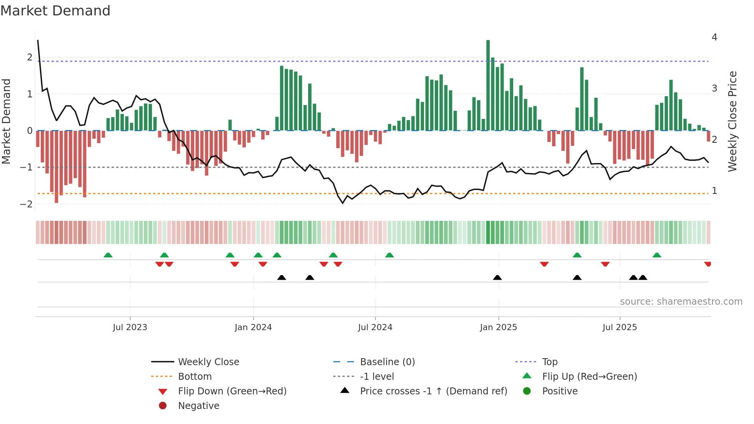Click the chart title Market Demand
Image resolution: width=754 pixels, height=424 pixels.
[55, 10]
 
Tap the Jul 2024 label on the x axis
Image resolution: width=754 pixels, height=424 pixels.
[375, 327]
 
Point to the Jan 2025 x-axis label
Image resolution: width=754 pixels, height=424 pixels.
[498, 327]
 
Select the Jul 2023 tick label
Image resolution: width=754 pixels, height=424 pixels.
[130, 327]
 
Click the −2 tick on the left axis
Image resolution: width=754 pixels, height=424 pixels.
[26, 204]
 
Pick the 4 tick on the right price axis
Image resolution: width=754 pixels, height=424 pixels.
[714, 37]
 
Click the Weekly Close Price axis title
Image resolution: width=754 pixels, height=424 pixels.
[732, 121]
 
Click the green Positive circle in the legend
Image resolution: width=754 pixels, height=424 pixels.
[527, 391]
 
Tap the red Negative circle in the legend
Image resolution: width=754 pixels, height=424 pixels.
[163, 406]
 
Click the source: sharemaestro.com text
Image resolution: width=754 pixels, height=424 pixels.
[681, 302]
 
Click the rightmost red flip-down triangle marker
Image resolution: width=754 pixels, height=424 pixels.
[707, 264]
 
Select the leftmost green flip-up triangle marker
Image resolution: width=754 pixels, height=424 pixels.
[108, 255]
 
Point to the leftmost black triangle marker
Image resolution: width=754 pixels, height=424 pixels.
[282, 277]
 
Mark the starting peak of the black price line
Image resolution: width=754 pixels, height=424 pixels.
[38, 40]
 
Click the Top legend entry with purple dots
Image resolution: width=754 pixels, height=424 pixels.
[549, 362]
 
